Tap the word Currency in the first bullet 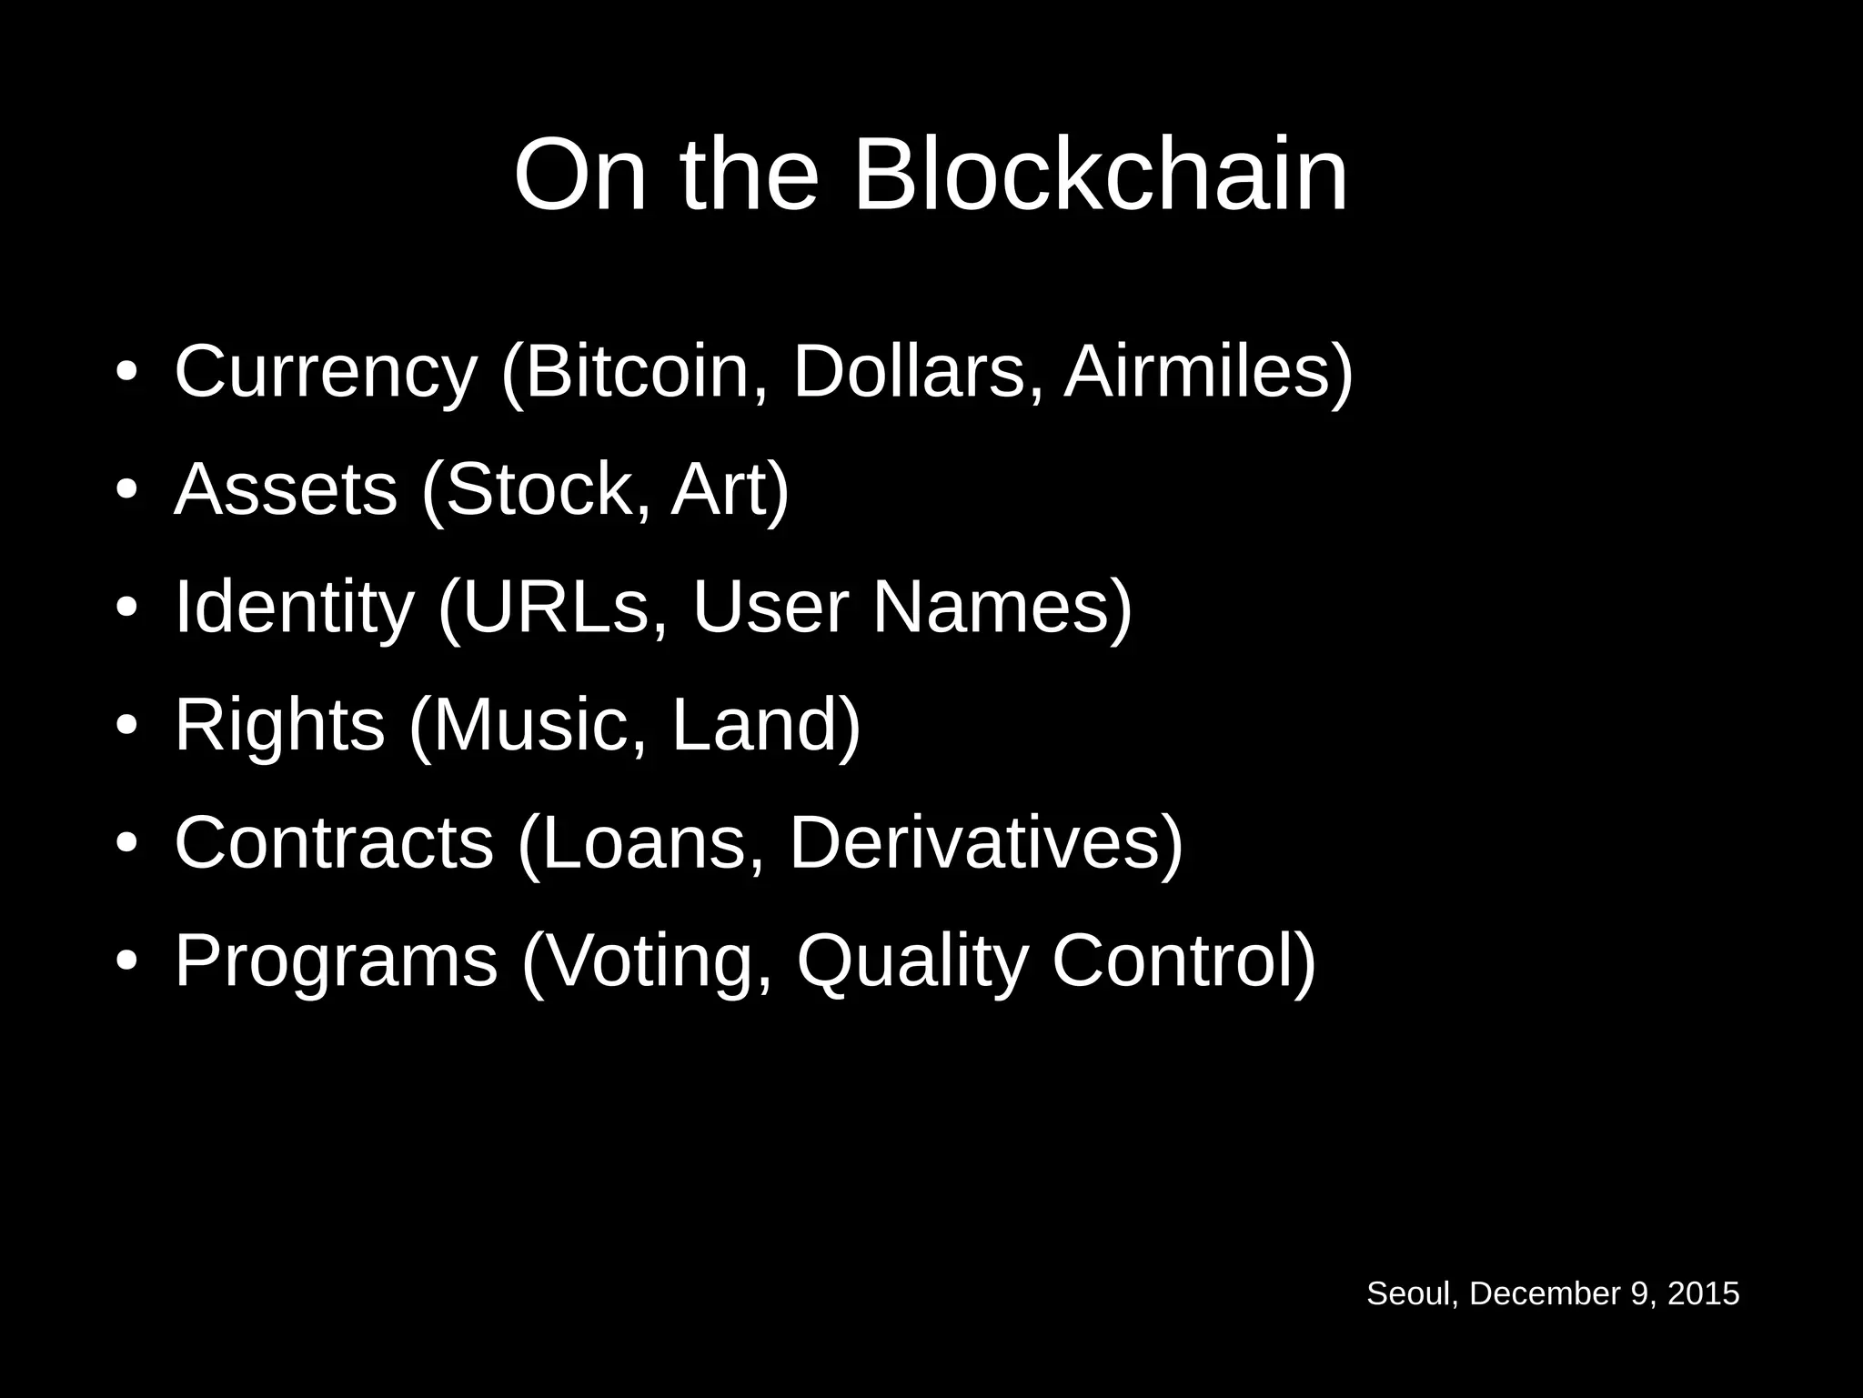(325, 372)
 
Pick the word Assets (286, 489)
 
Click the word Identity (293, 607)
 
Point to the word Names (992, 607)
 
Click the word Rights (279, 725)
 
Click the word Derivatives (974, 842)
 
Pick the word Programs (336, 960)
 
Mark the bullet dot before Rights (126, 726)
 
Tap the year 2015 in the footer (1703, 1293)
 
